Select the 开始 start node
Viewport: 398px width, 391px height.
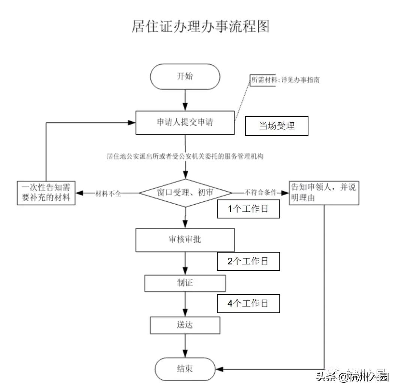click(185, 76)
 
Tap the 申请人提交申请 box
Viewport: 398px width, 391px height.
click(185, 122)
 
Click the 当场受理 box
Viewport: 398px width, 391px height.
click(277, 126)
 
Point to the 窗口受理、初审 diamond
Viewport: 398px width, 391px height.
click(186, 193)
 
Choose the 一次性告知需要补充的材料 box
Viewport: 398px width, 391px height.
click(46, 193)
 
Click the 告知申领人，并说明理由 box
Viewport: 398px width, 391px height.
click(323, 193)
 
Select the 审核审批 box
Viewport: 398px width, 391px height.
click(185, 239)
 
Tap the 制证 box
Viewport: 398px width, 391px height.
click(185, 283)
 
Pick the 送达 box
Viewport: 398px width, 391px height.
click(185, 325)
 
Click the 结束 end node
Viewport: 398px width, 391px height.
click(185, 369)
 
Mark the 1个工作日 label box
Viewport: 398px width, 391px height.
click(248, 209)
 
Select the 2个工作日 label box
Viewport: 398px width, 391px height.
click(248, 262)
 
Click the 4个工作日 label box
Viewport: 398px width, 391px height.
click(248, 303)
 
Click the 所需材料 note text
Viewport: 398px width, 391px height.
click(285, 80)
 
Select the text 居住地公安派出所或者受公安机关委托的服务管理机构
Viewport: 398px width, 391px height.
click(185, 156)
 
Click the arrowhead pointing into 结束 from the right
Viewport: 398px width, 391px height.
click(220, 369)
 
